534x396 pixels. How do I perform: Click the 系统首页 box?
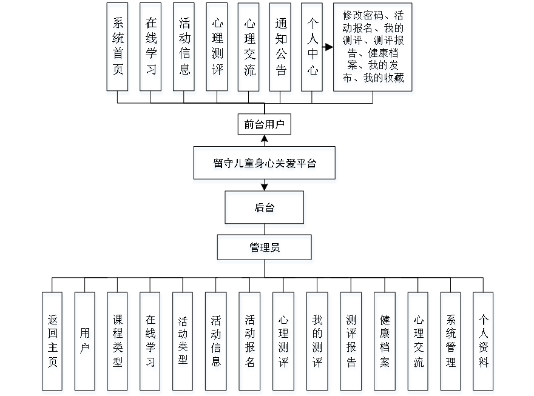pyautogui.click(x=118, y=49)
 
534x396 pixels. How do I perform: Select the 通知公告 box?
pyautogui.click(x=280, y=49)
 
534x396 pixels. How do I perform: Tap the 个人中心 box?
pyautogui.click(x=312, y=49)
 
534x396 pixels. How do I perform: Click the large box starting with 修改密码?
pyautogui.click(x=373, y=49)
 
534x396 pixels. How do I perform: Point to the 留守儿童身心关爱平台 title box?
pyautogui.click(x=265, y=164)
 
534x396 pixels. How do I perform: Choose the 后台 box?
pyautogui.click(x=265, y=209)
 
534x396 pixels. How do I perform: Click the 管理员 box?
pyautogui.click(x=265, y=249)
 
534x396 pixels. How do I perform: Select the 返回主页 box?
pyautogui.click(x=53, y=343)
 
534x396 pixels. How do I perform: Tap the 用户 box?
pyautogui.click(x=85, y=343)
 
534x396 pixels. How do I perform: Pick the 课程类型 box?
pyautogui.click(x=118, y=343)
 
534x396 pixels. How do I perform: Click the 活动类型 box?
pyautogui.click(x=183, y=343)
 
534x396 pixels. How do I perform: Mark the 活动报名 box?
pyautogui.click(x=249, y=343)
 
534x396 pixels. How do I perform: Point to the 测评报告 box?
pyautogui.click(x=351, y=343)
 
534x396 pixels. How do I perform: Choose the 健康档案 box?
pyautogui.click(x=385, y=343)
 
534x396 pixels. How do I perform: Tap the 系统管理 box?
pyautogui.click(x=451, y=343)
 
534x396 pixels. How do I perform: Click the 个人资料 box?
pyautogui.click(x=484, y=343)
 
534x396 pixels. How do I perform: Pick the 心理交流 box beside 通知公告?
pyautogui.click(x=249, y=49)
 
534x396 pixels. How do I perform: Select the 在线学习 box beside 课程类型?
pyautogui.click(x=151, y=343)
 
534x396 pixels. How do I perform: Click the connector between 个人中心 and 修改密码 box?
pyautogui.click(x=328, y=47)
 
